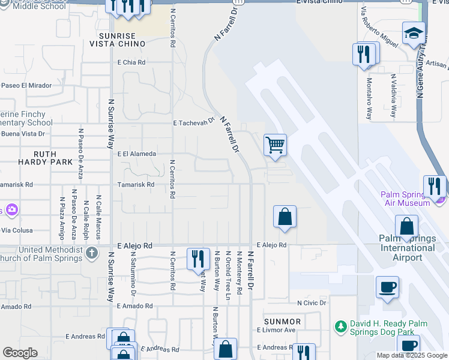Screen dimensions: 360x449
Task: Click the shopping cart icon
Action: pos(275,145)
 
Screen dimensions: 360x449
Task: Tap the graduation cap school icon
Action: pos(414,34)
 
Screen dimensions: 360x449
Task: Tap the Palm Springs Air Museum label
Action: pos(414,199)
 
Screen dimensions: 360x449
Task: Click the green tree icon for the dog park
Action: pos(340,327)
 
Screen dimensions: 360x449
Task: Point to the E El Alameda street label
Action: pos(137,154)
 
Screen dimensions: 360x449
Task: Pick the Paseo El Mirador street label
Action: pos(26,85)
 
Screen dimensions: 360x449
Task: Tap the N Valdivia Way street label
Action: pos(394,96)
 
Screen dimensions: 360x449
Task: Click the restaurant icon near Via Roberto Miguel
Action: pos(364,55)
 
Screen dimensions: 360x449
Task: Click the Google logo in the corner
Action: pos(20,353)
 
